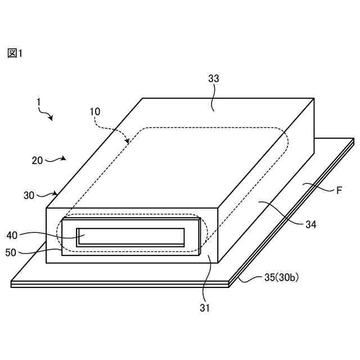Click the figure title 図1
[15, 53]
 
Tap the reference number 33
[214, 79]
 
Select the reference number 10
[96, 111]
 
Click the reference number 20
[37, 160]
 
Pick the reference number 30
[29, 195]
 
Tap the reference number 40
[12, 235]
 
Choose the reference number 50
[11, 253]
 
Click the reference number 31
[205, 308]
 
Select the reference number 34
[310, 224]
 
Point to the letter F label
[339, 190]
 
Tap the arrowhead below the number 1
[51, 118]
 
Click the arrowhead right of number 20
[65, 159]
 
